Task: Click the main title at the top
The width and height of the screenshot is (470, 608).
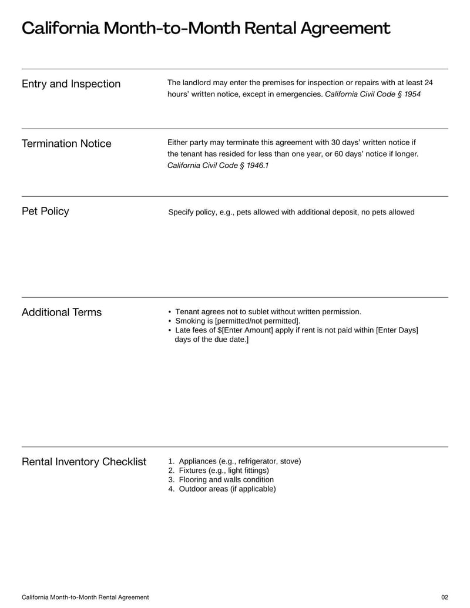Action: pyautogui.click(x=206, y=28)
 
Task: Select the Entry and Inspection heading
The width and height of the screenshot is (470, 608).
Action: pyautogui.click(x=71, y=84)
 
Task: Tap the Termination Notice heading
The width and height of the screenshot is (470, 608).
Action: pyautogui.click(x=66, y=144)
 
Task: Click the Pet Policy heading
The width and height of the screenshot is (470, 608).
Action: pyautogui.click(x=45, y=211)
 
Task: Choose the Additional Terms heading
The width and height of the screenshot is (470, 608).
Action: pyautogui.click(x=62, y=313)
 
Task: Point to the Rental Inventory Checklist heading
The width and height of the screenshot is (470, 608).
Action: pyautogui.click(x=84, y=462)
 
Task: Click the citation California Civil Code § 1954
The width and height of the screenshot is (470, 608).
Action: pyautogui.click(x=372, y=94)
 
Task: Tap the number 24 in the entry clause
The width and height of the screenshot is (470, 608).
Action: pyautogui.click(x=428, y=83)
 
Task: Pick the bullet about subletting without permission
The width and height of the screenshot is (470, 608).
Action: pyautogui.click(x=268, y=312)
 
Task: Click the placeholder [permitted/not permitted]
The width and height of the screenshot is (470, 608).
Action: pyautogui.click(x=257, y=321)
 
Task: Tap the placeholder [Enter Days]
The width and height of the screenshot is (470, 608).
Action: pyautogui.click(x=397, y=331)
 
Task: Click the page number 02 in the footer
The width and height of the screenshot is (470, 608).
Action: pyautogui.click(x=444, y=597)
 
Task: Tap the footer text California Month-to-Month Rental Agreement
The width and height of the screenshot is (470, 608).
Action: pyautogui.click(x=85, y=597)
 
